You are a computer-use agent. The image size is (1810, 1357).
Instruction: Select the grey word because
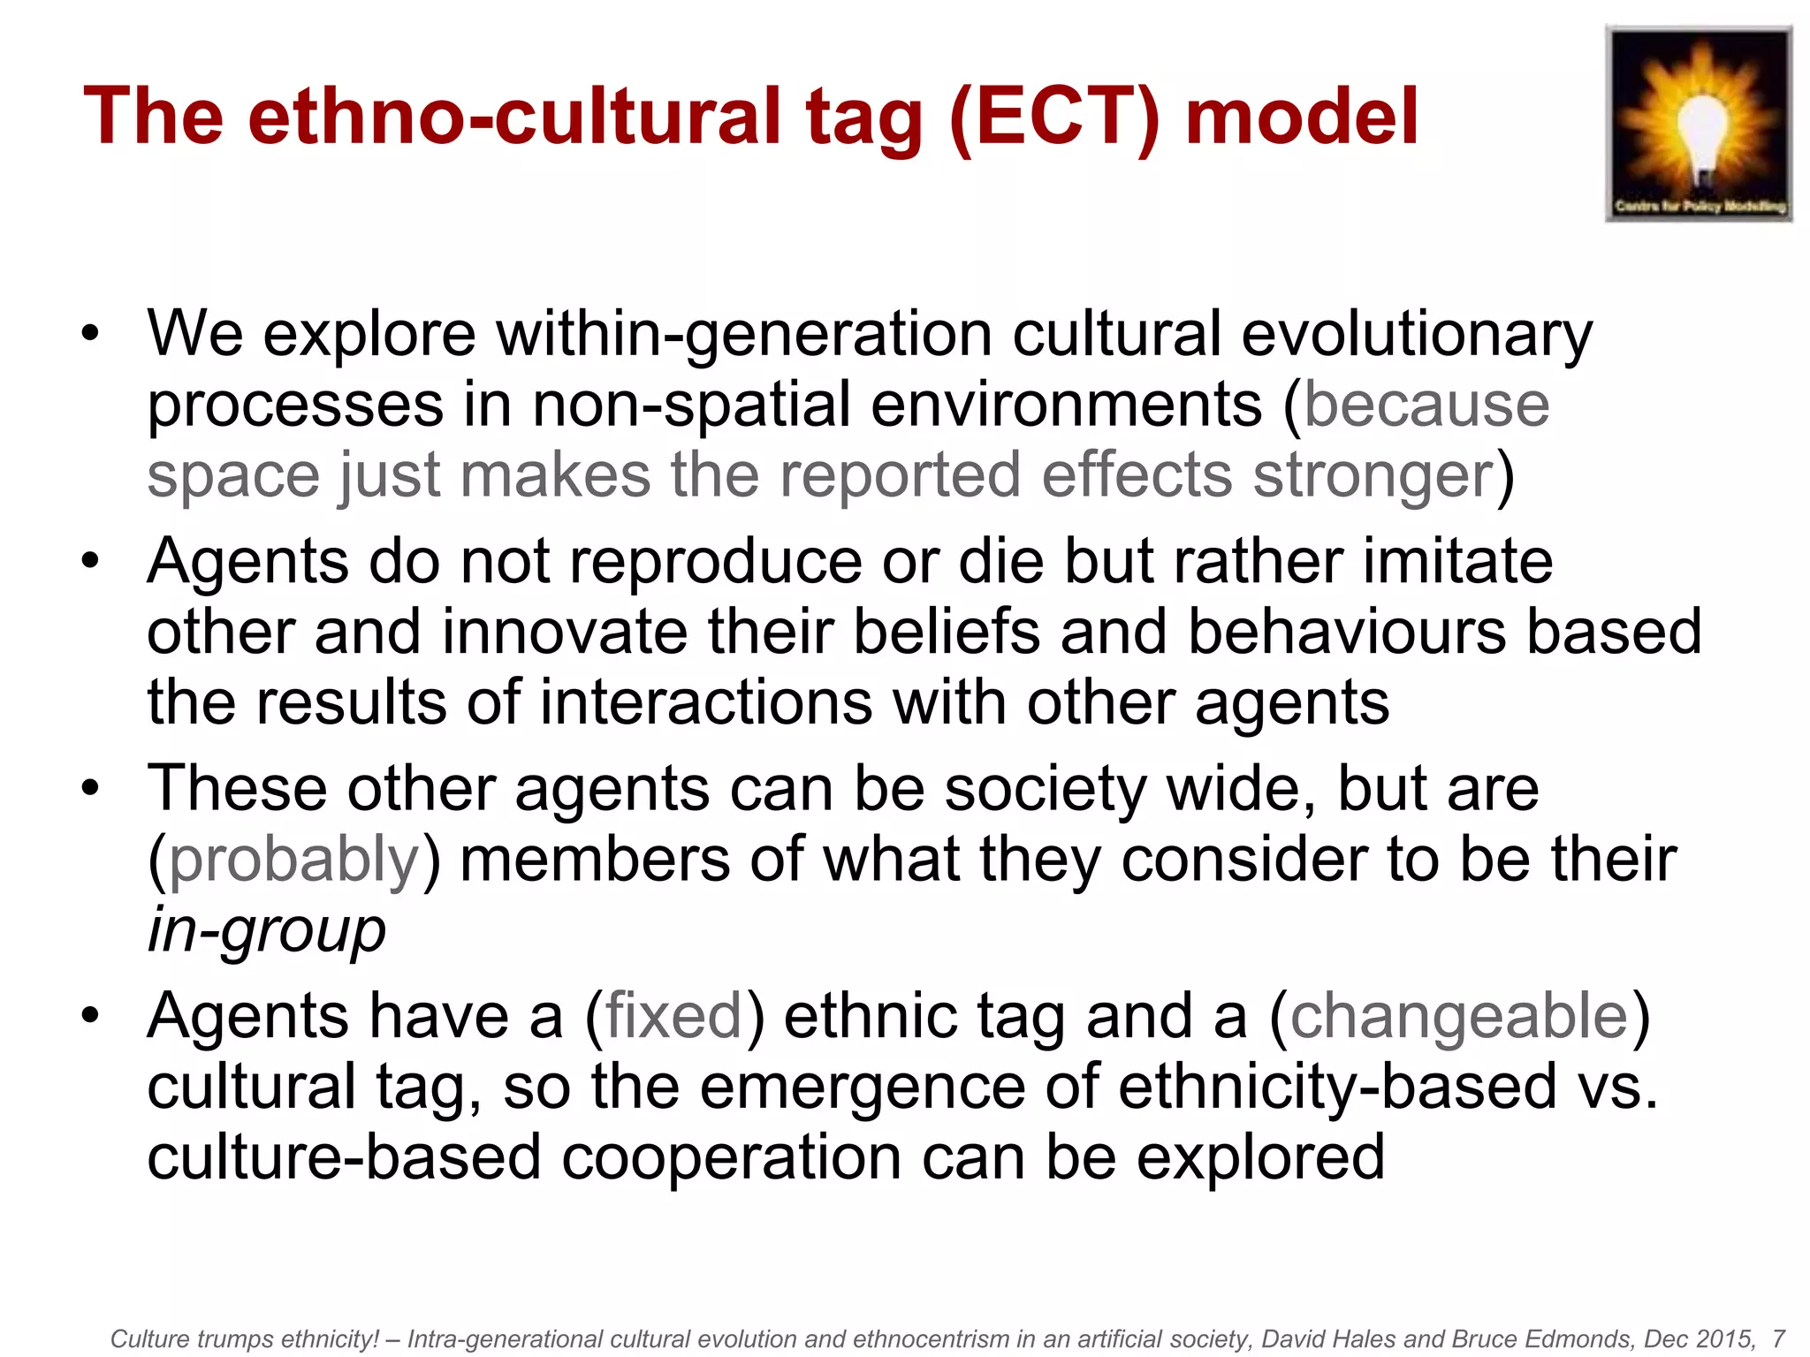(x=1426, y=406)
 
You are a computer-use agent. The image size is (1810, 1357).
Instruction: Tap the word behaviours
(x=1347, y=633)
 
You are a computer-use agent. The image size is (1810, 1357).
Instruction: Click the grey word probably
(x=293, y=860)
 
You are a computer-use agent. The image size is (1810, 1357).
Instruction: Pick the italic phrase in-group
(x=266, y=931)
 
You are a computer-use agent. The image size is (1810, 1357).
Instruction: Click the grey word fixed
(x=673, y=1018)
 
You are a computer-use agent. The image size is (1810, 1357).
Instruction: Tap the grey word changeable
(x=1459, y=1018)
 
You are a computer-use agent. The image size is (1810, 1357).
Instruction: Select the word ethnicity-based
(x=1337, y=1088)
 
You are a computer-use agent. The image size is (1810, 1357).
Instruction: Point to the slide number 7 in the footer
(x=1778, y=1338)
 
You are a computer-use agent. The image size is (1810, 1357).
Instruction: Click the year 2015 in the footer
(x=1724, y=1338)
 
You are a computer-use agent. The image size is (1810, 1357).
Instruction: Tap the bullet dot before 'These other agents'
(x=90, y=788)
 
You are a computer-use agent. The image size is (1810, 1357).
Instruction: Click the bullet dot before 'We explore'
(x=90, y=334)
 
